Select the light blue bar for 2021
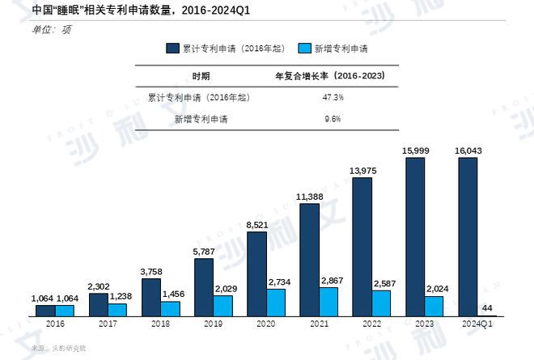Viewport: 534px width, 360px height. click(x=329, y=301)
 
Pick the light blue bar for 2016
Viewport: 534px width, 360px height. click(x=65, y=310)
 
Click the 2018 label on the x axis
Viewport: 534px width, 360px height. click(x=160, y=323)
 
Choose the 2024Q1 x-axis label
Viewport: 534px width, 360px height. click(x=479, y=323)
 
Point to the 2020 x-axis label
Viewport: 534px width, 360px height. click(x=266, y=323)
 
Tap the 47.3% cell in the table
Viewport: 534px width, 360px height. click(x=333, y=97)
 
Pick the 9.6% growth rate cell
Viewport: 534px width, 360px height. click(x=333, y=118)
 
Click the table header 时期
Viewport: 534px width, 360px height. click(x=201, y=76)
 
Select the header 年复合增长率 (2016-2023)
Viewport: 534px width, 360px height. click(x=331, y=76)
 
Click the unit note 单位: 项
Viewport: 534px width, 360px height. click(x=49, y=29)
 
